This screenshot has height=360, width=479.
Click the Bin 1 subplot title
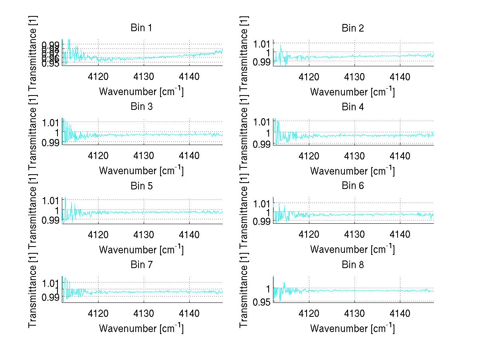(141, 28)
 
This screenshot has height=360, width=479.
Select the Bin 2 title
(353, 28)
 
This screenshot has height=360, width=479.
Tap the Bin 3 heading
(141, 107)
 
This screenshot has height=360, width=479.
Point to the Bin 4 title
(353, 107)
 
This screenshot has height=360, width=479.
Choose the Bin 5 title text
(141, 186)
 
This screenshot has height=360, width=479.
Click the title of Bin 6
(353, 186)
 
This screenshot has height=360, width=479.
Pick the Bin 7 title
(141, 265)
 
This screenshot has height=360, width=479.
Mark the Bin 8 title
(353, 265)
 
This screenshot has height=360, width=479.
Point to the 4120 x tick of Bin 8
(309, 313)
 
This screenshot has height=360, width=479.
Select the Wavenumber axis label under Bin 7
(141, 328)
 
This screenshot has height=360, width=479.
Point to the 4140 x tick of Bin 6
(400, 235)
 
